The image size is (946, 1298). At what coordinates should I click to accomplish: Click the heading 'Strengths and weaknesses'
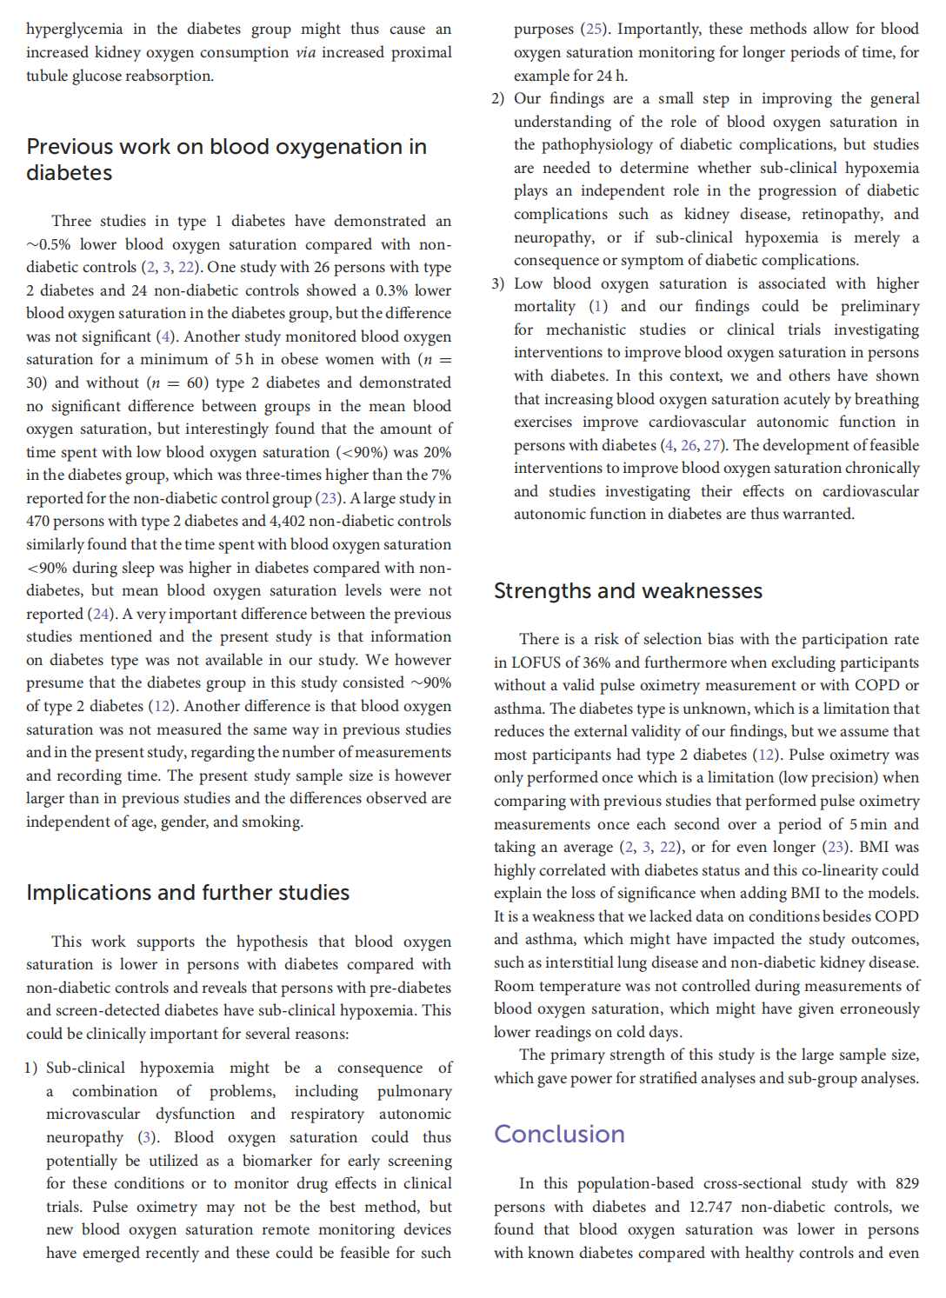click(628, 591)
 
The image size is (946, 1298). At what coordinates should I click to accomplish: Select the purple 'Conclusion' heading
click(559, 1135)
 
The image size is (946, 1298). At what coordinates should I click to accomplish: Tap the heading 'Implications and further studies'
click(188, 893)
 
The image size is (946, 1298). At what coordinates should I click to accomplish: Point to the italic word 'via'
click(305, 52)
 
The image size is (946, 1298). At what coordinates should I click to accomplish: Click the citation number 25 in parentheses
click(595, 29)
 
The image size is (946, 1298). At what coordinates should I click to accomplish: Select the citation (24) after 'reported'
click(101, 614)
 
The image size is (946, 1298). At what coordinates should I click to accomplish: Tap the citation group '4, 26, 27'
click(692, 445)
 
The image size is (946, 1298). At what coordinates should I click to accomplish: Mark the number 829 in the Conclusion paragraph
click(906, 1183)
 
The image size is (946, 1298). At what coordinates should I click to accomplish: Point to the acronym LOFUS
click(536, 662)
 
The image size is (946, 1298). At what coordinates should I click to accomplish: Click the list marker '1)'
click(31, 1068)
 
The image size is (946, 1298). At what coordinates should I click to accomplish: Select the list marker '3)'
click(497, 283)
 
